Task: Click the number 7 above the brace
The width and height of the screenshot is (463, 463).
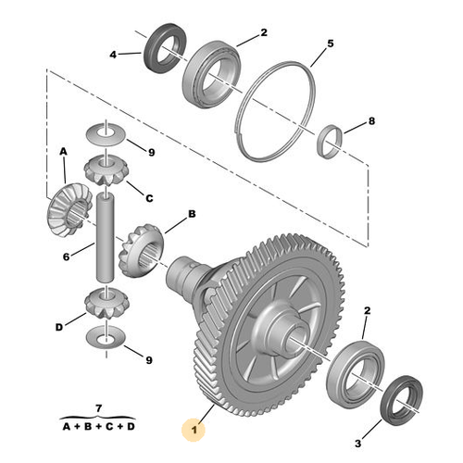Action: tap(98, 409)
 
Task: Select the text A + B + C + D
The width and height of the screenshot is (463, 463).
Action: tap(98, 427)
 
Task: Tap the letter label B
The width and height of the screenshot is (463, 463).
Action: tap(193, 214)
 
